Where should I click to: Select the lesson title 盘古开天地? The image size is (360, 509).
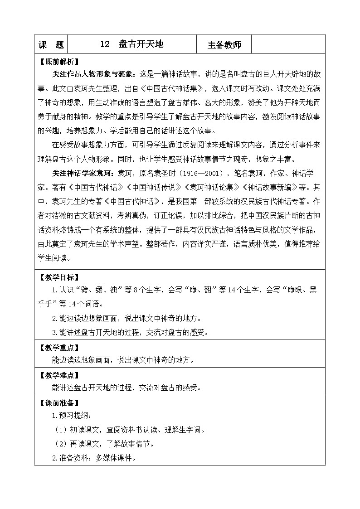(x=141, y=44)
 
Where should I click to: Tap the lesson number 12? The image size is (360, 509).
(x=105, y=44)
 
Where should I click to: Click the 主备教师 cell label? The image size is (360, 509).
(x=224, y=45)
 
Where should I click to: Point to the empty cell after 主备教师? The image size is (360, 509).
(x=287, y=44)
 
